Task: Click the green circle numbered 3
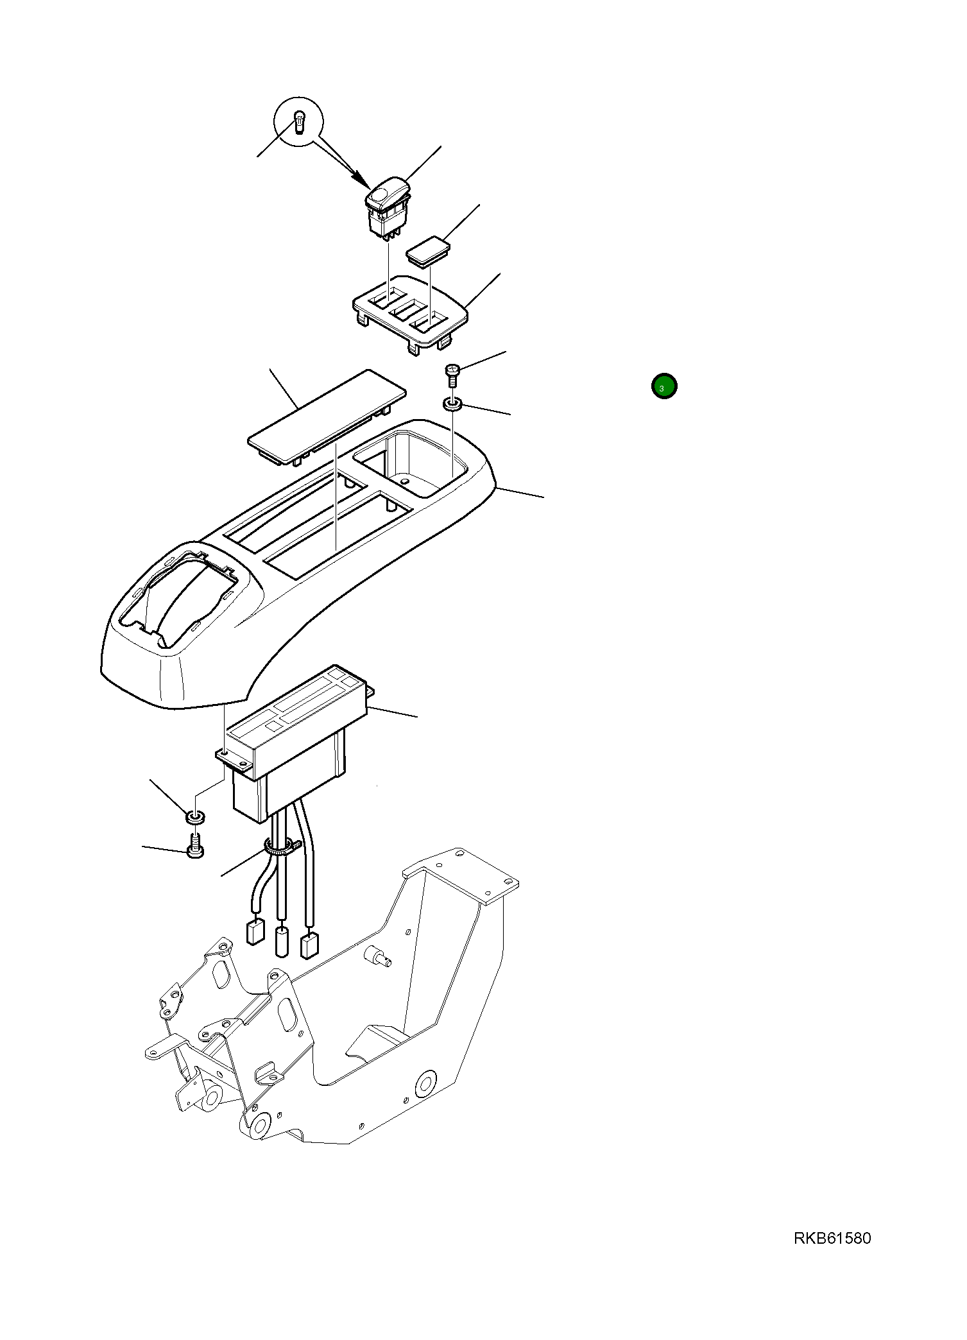(x=664, y=386)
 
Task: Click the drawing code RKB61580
(x=832, y=1238)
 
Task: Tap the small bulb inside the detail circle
(x=299, y=122)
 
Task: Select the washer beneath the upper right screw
(x=453, y=404)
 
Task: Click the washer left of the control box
(x=195, y=817)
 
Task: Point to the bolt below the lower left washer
(x=195, y=846)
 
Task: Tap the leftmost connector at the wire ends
(x=255, y=931)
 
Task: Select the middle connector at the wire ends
(x=281, y=941)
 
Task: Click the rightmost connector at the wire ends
(x=309, y=945)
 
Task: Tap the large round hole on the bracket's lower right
(x=425, y=1085)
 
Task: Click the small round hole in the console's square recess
(x=404, y=480)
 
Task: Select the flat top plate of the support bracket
(x=461, y=875)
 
